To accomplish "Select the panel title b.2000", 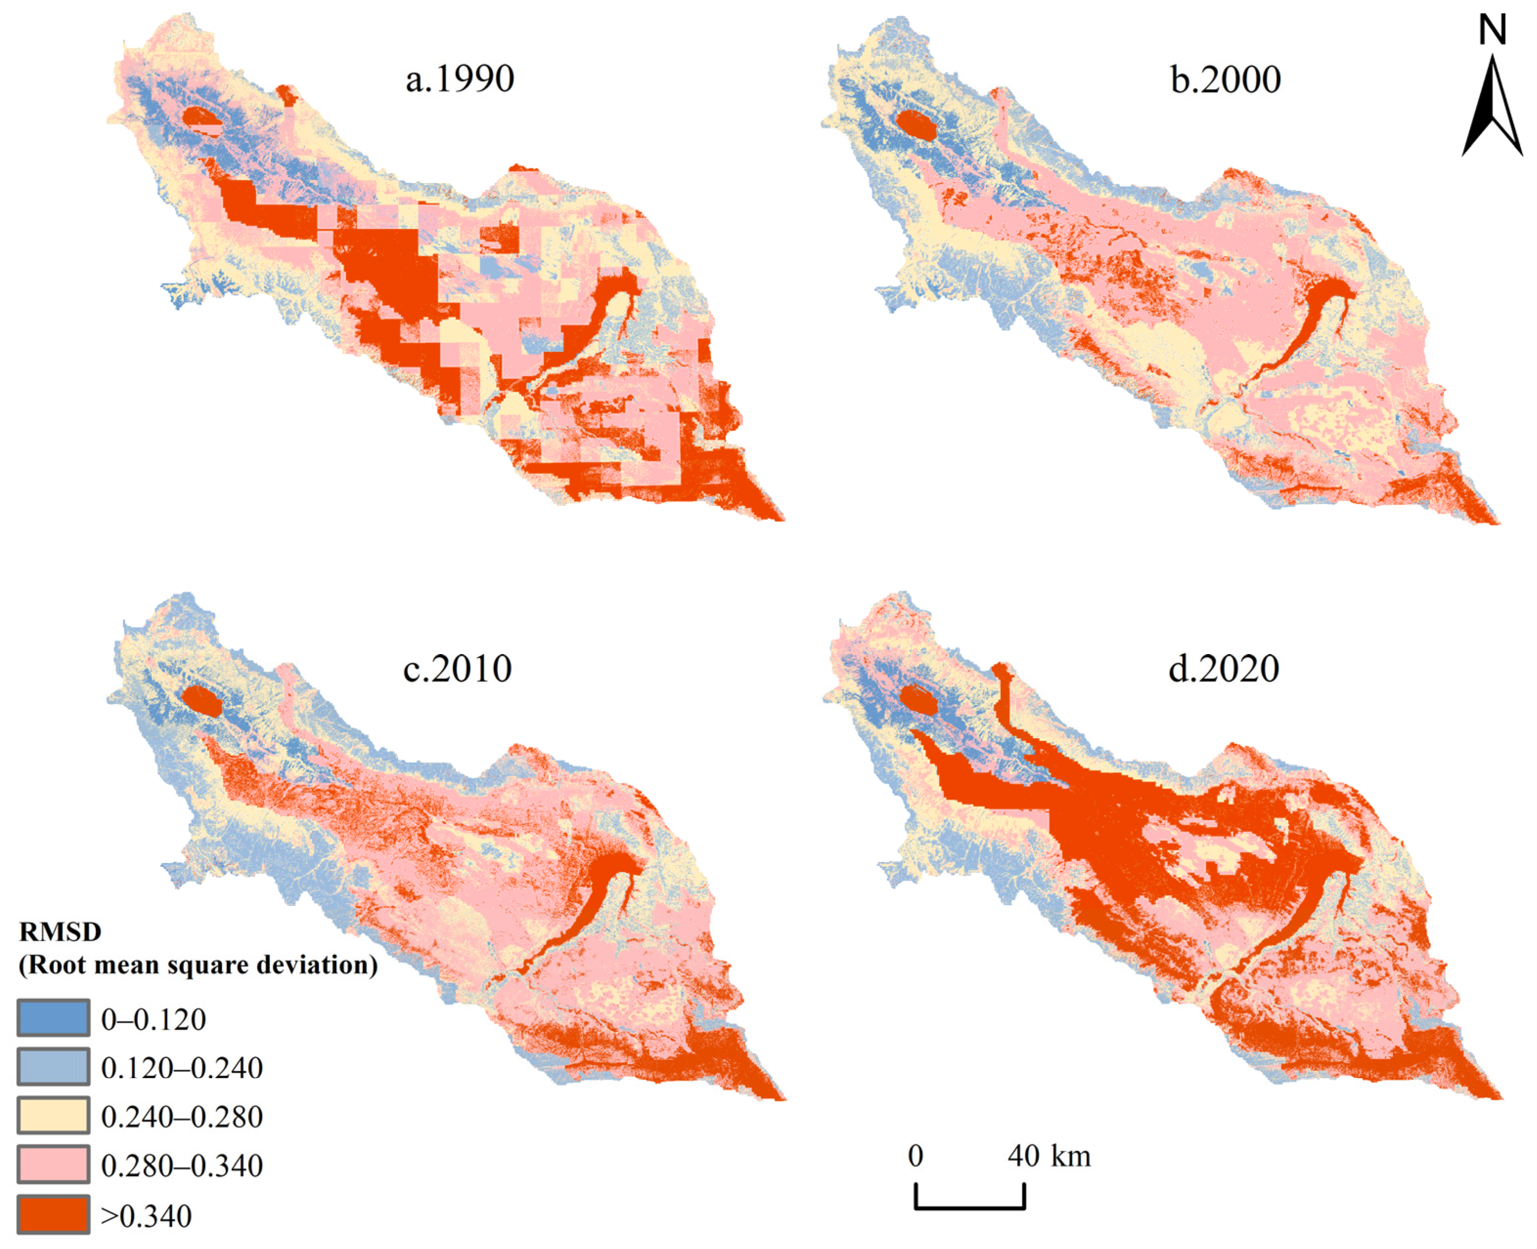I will click(x=1225, y=79).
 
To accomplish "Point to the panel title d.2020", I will click(x=1223, y=668).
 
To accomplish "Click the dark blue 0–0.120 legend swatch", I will click(x=53, y=1018).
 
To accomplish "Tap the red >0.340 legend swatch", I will click(x=53, y=1214).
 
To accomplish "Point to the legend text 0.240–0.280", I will click(x=181, y=1116).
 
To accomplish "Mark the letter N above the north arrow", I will click(x=1492, y=31).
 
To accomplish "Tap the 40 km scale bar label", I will click(x=1049, y=1156).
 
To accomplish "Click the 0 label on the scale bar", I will click(x=915, y=1156).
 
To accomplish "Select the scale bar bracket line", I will click(x=970, y=1206).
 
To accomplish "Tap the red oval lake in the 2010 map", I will click(x=202, y=701).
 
